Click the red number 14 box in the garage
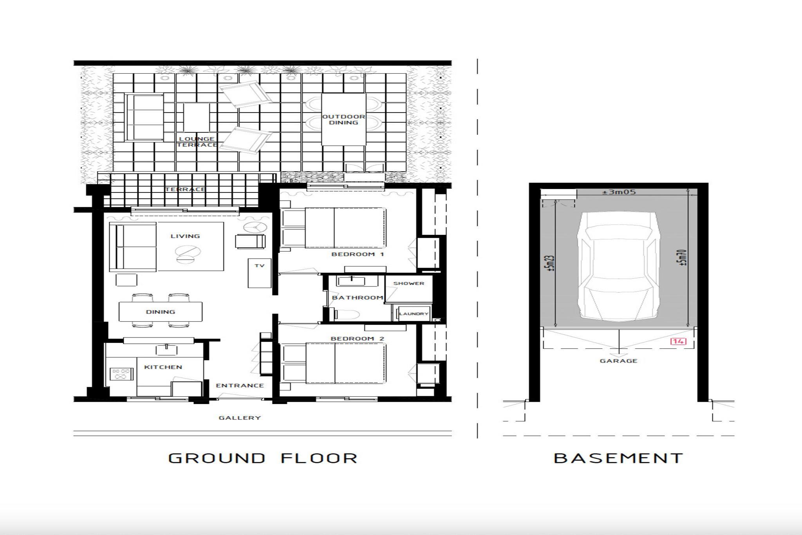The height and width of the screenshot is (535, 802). point(678,341)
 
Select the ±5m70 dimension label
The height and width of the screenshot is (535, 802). point(683,258)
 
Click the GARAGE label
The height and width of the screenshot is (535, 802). point(619,361)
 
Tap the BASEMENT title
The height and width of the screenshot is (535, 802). point(618,458)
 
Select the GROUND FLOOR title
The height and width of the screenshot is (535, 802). point(263,458)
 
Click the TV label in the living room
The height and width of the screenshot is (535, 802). point(260,266)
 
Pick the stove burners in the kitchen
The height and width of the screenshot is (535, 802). point(119,374)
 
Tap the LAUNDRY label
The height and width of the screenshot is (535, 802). point(414,314)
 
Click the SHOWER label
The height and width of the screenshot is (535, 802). point(409,283)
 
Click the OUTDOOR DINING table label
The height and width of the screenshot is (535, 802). point(344,120)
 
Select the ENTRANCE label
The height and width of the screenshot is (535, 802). point(240,385)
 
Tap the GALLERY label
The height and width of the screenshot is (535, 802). point(240,418)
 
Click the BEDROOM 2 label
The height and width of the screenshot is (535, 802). point(358,339)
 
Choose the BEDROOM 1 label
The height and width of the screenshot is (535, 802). point(358,254)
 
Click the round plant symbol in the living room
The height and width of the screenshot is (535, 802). point(255,227)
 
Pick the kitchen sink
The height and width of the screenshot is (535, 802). point(167,350)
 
